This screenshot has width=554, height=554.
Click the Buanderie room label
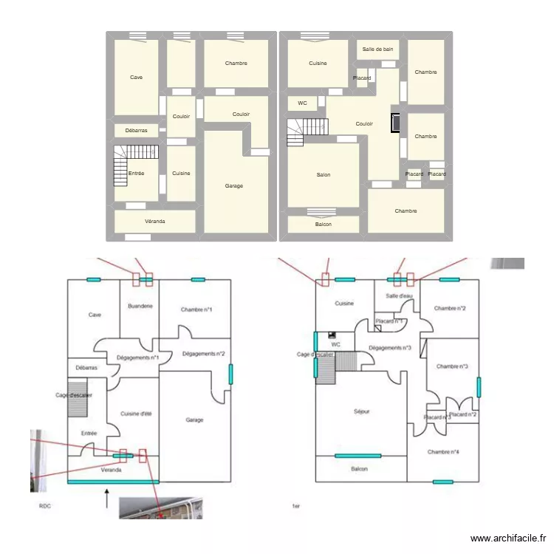pyautogui.click(x=140, y=306)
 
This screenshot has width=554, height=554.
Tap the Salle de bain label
pyautogui.click(x=377, y=49)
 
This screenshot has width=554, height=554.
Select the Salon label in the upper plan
pyautogui.click(x=323, y=175)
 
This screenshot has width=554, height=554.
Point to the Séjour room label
pyautogui.click(x=361, y=411)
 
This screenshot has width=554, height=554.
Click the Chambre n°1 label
pyautogui.click(x=196, y=309)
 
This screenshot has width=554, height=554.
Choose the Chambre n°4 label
pyautogui.click(x=443, y=452)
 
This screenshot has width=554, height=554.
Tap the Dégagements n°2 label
pyautogui.click(x=203, y=354)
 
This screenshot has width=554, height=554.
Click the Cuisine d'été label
pyautogui.click(x=136, y=414)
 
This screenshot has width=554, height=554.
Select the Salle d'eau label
pyautogui.click(x=400, y=296)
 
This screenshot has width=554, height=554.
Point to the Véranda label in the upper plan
pyautogui.click(x=154, y=222)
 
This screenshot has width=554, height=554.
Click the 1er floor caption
pyautogui.click(x=296, y=507)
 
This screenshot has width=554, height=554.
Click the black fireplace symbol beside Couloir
pyautogui.click(x=396, y=123)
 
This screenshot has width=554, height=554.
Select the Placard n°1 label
pyautogui.click(x=389, y=321)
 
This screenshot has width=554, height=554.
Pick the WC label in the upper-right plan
pyautogui.click(x=302, y=103)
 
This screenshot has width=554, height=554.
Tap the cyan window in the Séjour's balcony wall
pyautogui.click(x=358, y=456)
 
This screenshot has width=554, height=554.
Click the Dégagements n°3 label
pyautogui.click(x=389, y=348)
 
